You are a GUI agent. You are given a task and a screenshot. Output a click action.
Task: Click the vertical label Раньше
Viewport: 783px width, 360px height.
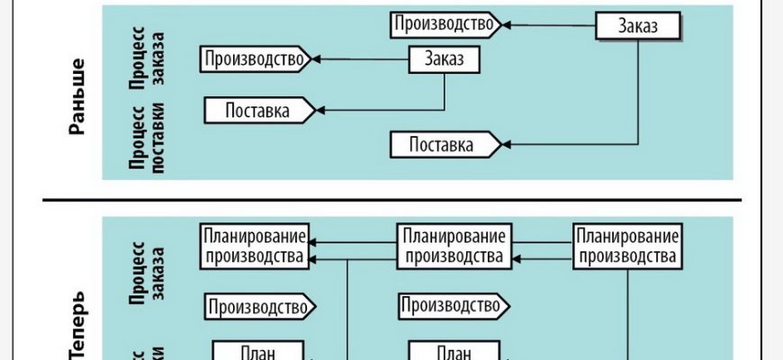tap(78, 97)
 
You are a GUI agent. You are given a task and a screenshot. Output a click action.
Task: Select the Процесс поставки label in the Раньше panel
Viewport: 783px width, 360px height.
tap(147, 143)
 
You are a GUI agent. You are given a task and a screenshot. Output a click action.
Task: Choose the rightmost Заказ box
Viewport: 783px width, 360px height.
tap(638, 25)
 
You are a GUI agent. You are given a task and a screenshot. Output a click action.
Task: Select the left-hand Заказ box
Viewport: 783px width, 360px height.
tap(445, 60)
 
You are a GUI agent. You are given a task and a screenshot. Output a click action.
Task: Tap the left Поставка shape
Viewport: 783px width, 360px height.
tap(259, 111)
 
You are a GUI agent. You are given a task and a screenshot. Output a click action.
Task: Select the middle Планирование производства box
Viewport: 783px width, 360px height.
tap(452, 246)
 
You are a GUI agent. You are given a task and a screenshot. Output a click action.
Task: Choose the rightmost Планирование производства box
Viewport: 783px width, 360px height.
tap(625, 246)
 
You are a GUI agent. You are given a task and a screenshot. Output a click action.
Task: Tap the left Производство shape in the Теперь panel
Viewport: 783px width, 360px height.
tap(259, 307)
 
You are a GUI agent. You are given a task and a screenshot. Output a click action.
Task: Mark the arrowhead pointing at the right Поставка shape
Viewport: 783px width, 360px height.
tap(508, 143)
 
